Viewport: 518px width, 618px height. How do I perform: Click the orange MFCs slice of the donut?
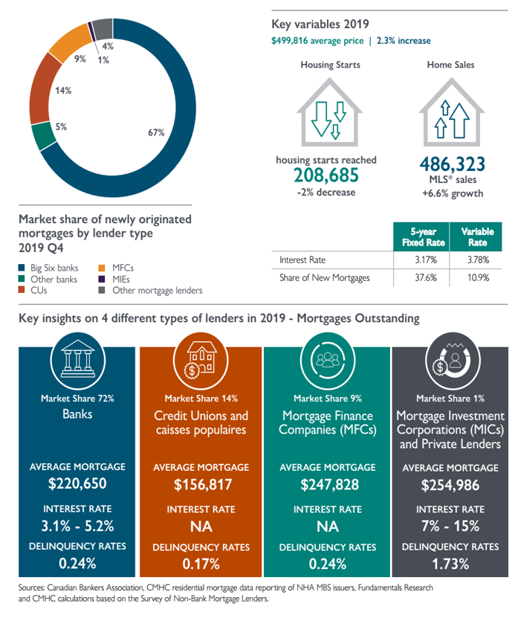tap(70, 42)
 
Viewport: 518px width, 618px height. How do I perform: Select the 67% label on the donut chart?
tap(156, 132)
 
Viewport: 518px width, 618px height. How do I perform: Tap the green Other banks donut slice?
tap(43, 137)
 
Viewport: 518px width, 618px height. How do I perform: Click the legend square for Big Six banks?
tap(22, 268)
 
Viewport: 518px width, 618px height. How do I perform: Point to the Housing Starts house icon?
tap(329, 112)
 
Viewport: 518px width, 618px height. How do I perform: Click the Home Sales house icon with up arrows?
tap(451, 112)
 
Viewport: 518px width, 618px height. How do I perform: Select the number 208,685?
tap(326, 176)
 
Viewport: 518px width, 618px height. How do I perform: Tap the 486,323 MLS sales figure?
tap(452, 164)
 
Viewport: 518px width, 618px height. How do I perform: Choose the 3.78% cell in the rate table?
tap(478, 260)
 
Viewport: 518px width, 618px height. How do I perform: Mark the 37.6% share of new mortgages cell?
tap(425, 277)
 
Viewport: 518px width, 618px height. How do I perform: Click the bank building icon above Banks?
tap(77, 360)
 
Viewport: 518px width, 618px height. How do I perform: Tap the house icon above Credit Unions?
tap(201, 360)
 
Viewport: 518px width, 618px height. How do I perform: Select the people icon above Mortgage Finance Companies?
tap(328, 360)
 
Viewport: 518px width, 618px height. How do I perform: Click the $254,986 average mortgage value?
tap(450, 485)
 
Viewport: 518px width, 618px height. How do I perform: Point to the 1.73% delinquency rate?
tap(450, 564)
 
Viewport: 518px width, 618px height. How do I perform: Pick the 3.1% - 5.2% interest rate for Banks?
tap(77, 526)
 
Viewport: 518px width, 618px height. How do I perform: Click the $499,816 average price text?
tap(317, 41)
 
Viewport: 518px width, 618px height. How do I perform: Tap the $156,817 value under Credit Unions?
tap(203, 485)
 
